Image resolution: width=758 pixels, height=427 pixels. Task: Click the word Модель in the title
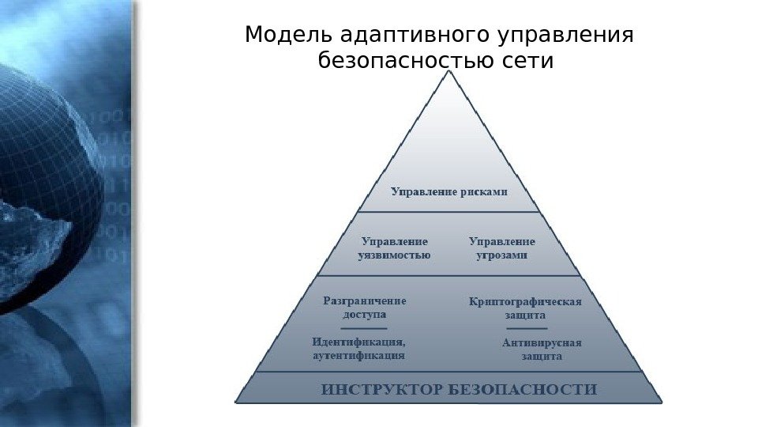coord(289,36)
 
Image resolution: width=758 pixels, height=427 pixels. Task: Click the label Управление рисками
coord(449,191)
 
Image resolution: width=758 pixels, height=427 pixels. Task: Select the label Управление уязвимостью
coord(395,248)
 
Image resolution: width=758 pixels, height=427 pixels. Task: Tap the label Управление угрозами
coord(502,248)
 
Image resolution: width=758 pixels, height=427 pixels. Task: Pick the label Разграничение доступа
coord(365,307)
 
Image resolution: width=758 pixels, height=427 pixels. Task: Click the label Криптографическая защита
coord(525,308)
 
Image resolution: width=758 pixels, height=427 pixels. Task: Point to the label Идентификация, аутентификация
coord(359,349)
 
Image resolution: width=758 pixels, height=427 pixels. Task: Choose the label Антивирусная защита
coord(542,350)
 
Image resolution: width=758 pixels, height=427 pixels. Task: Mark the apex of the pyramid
coord(448,73)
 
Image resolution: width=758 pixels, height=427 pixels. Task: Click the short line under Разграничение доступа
coord(364,327)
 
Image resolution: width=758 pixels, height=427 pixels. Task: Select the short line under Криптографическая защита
coord(527,327)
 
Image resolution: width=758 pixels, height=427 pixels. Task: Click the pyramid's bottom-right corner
coord(661,402)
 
